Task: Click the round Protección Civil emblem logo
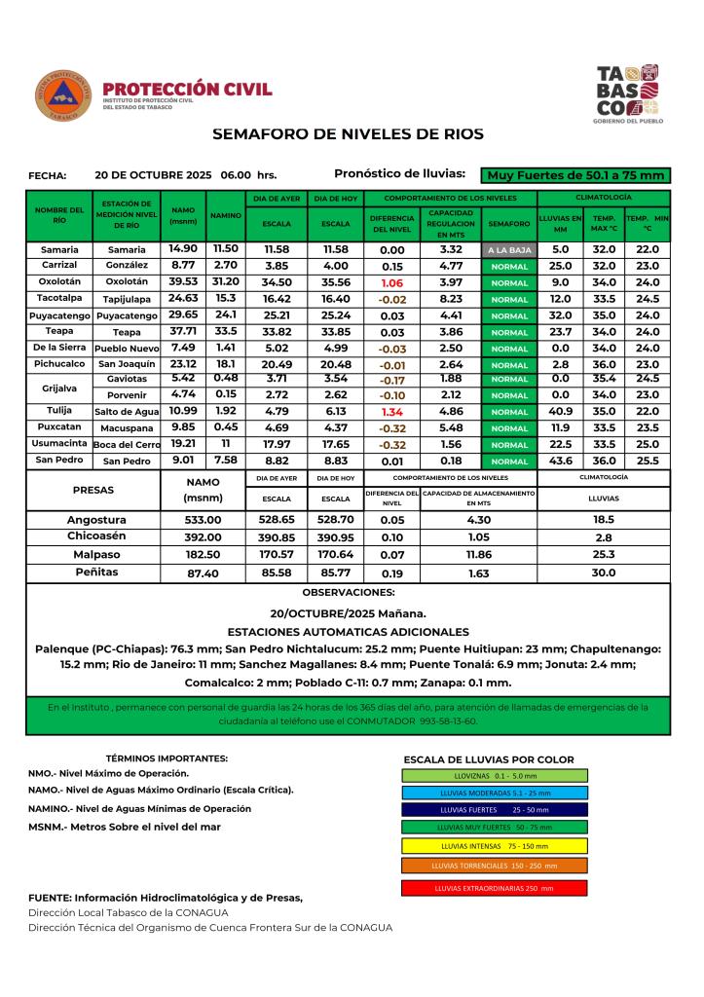tap(63, 95)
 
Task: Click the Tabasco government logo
tap(626, 94)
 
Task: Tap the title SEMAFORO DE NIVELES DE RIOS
tap(348, 133)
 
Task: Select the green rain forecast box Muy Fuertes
tap(576, 175)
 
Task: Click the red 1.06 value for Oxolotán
tap(392, 281)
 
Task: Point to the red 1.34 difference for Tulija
tap(392, 412)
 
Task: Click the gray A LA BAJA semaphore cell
tap(510, 250)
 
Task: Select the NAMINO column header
tap(226, 215)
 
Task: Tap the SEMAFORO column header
tap(510, 223)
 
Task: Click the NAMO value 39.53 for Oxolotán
tap(183, 281)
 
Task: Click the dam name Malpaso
tap(96, 554)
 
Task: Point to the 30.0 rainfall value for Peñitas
tap(604, 572)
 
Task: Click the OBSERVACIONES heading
tap(349, 592)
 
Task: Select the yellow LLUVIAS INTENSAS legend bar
tap(494, 845)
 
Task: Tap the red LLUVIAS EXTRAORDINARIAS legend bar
tap(494, 888)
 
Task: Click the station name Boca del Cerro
tap(127, 445)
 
